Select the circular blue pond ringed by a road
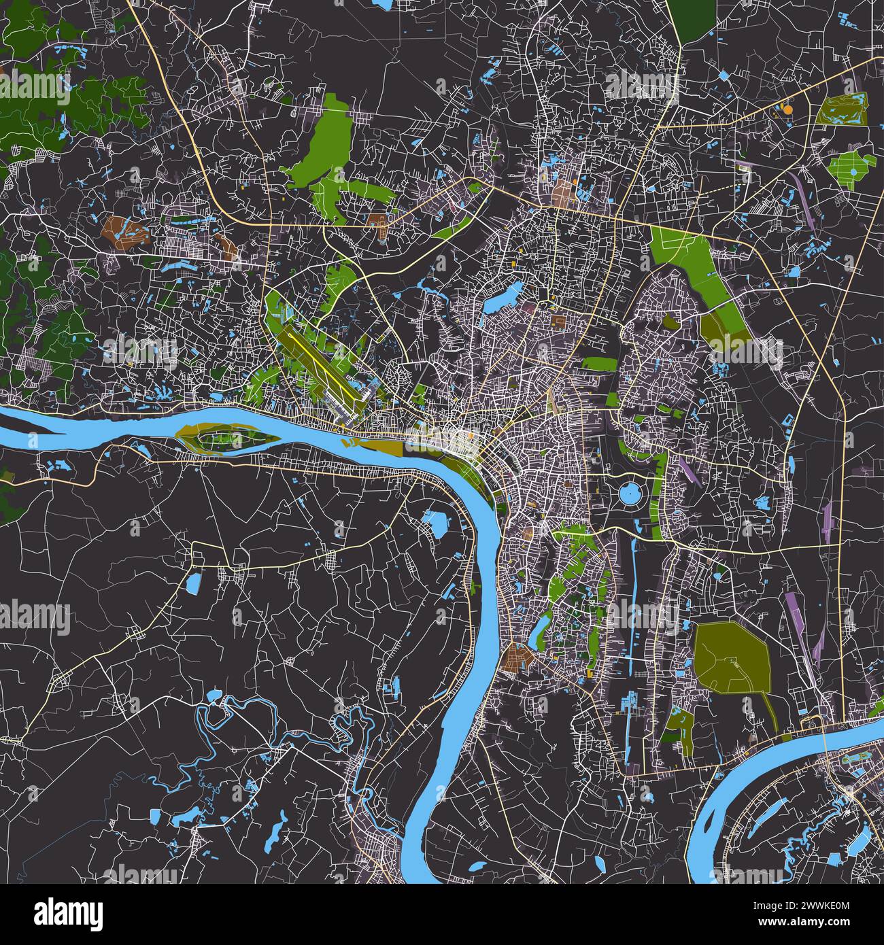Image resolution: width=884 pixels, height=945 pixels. click(x=630, y=492)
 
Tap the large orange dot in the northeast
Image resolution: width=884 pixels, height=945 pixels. click(x=787, y=108)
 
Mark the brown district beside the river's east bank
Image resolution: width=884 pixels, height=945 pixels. click(x=518, y=658)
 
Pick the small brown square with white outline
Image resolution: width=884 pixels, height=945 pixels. click(x=558, y=319)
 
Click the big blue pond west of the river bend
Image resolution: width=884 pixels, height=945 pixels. click(x=436, y=523)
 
